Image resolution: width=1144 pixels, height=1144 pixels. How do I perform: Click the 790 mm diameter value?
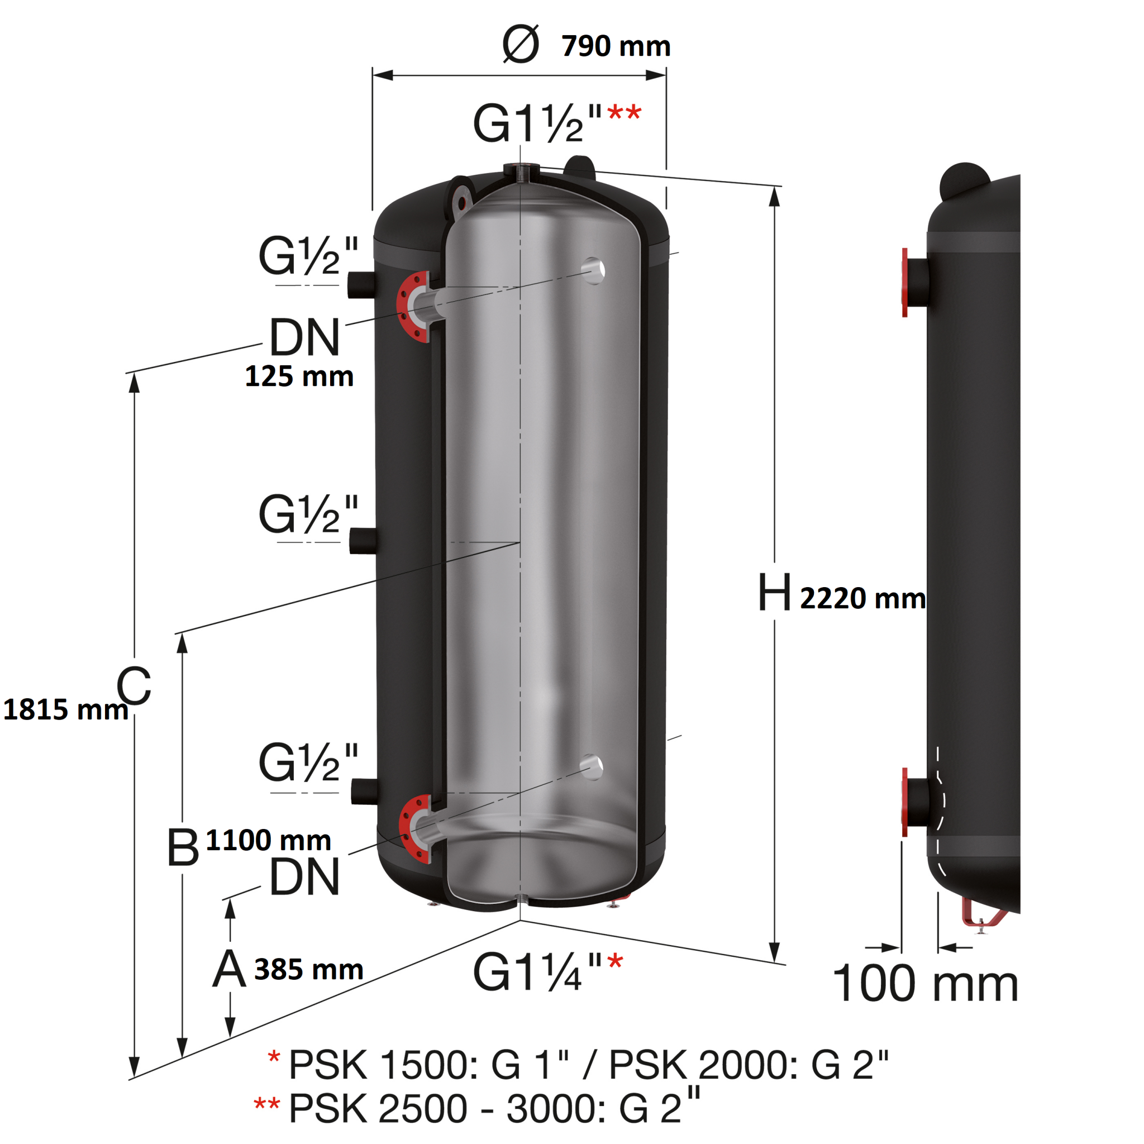pyautogui.click(x=616, y=46)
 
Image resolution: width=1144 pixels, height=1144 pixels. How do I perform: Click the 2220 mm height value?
pyautogui.click(x=862, y=599)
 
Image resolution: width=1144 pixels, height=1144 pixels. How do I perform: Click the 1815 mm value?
pyautogui.click(x=65, y=709)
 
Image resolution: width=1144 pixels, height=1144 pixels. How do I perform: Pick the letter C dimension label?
pyautogui.click(x=134, y=686)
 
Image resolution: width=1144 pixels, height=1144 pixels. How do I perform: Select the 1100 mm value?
pyautogui.click(x=268, y=840)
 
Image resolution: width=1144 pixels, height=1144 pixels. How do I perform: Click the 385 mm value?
pyautogui.click(x=308, y=969)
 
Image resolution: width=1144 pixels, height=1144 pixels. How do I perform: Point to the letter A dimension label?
pyautogui.click(x=229, y=969)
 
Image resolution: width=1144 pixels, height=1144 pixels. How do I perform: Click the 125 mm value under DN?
pyautogui.click(x=299, y=376)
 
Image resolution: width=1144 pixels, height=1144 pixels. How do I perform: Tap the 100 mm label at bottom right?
pyautogui.click(x=925, y=984)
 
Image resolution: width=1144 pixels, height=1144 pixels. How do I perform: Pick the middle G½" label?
pyautogui.click(x=308, y=514)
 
